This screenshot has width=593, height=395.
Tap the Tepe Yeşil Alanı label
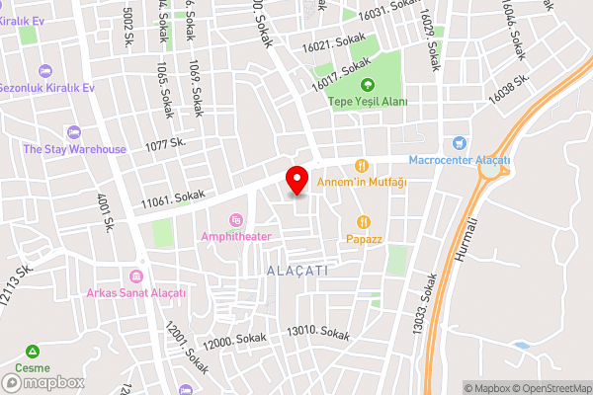pos(368,102)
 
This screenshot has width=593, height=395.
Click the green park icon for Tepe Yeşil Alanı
pos(368,85)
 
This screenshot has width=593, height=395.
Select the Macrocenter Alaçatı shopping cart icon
pos(458,144)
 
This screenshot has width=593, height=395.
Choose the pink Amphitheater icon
pos(235,219)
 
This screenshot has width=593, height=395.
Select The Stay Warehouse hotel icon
pos(72,132)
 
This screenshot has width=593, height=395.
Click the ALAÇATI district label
pos(296,269)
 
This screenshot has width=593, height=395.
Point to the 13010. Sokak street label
pos(317,334)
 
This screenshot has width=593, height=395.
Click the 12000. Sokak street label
pos(233,342)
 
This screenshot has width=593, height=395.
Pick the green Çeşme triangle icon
pos(33,352)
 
